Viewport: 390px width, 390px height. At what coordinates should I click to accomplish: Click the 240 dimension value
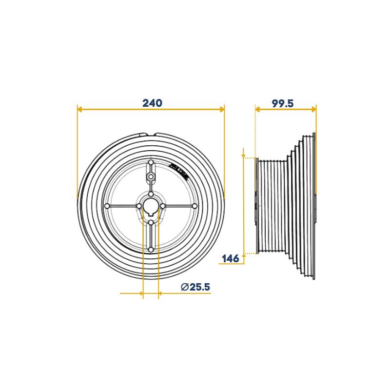152,103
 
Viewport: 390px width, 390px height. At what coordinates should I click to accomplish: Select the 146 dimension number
230,258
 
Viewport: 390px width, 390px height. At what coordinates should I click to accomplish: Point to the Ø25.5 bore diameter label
195,287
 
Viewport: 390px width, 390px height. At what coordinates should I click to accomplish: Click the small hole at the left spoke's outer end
107,206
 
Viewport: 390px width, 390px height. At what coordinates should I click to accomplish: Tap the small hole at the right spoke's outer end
195,206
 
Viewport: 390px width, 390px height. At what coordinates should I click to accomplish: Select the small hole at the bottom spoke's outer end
151,250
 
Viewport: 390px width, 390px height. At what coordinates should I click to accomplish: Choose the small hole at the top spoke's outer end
151,162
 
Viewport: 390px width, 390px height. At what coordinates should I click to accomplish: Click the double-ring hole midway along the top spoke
151,176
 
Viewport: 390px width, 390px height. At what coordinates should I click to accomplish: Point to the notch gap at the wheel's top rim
151,134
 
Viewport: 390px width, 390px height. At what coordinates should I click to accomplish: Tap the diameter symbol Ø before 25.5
185,287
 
